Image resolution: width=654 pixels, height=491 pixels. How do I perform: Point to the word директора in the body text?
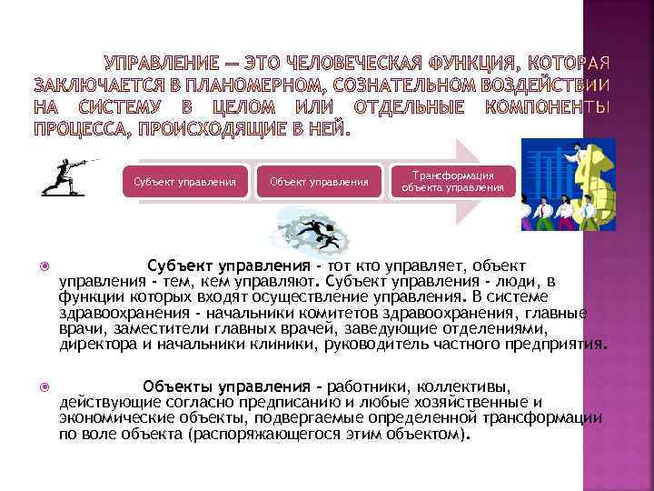pyautogui.click(x=94, y=345)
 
